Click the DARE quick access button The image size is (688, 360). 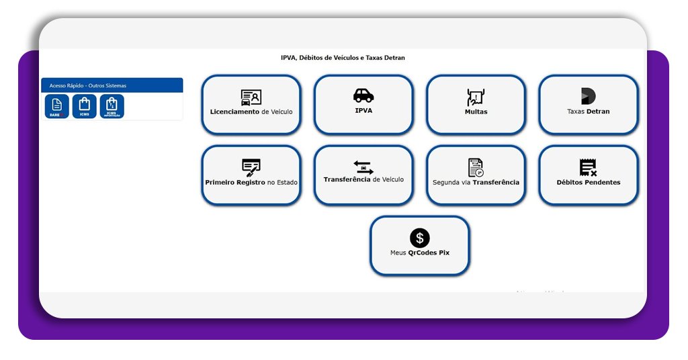point(56,106)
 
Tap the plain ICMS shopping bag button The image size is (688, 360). point(84,106)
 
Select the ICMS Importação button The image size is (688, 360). point(112,106)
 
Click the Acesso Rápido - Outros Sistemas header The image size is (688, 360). point(88,85)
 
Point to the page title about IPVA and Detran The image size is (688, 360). point(343,58)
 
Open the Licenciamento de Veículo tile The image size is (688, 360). point(251,105)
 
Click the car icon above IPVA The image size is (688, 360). point(363,95)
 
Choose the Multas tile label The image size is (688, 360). point(476,112)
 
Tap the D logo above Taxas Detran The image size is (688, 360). point(588,96)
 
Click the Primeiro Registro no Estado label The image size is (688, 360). point(251,182)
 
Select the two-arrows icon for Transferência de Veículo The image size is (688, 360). point(363,167)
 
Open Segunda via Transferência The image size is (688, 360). point(476,182)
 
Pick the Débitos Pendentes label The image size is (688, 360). point(589,182)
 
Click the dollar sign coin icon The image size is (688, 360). point(420,238)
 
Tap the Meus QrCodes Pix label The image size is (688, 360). point(420,253)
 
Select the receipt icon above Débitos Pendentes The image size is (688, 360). point(588,167)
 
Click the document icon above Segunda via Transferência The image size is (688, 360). point(476,167)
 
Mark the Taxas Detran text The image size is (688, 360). point(589,111)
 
